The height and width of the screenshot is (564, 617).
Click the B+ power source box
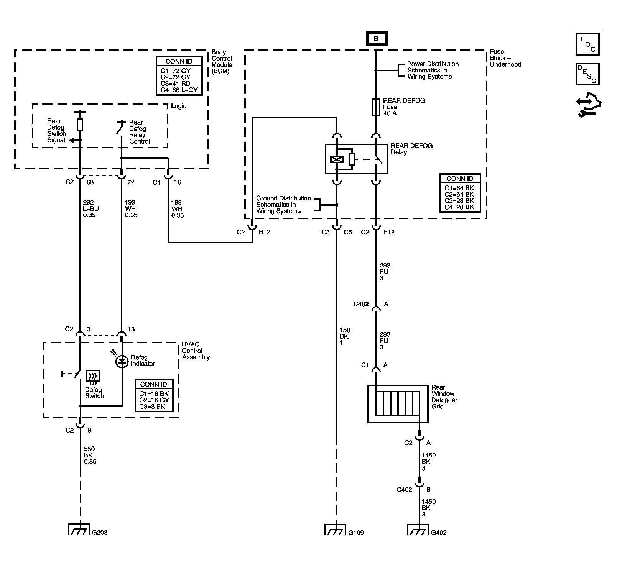377,39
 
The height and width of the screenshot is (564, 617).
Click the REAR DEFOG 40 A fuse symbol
376,107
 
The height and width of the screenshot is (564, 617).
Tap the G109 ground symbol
336,529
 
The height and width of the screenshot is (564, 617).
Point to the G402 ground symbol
419,529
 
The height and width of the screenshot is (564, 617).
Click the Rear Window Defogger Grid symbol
398,404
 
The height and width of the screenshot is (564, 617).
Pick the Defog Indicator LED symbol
122,361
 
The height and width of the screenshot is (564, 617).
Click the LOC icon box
587,44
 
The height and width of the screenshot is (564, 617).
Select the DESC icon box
587,74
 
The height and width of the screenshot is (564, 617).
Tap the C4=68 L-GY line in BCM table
179,90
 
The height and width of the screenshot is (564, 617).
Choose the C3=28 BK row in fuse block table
459,201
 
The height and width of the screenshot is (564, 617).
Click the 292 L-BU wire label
91,209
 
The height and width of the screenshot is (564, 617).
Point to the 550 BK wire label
90,455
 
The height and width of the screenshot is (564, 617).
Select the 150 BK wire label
345,336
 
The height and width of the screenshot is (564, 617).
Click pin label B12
265,232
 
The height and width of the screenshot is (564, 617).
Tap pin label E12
389,232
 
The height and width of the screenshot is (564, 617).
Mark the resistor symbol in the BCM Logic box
80,124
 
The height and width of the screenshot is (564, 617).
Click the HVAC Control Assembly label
196,351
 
